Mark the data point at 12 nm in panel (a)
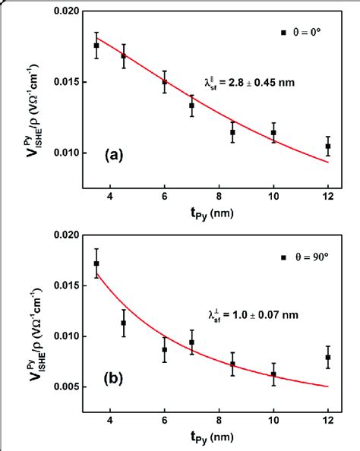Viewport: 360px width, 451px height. tap(328, 146)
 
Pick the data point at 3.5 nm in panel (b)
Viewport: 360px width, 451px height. tap(96, 263)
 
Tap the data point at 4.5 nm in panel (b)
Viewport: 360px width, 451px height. tap(124, 323)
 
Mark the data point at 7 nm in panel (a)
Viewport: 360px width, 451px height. tap(191, 106)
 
